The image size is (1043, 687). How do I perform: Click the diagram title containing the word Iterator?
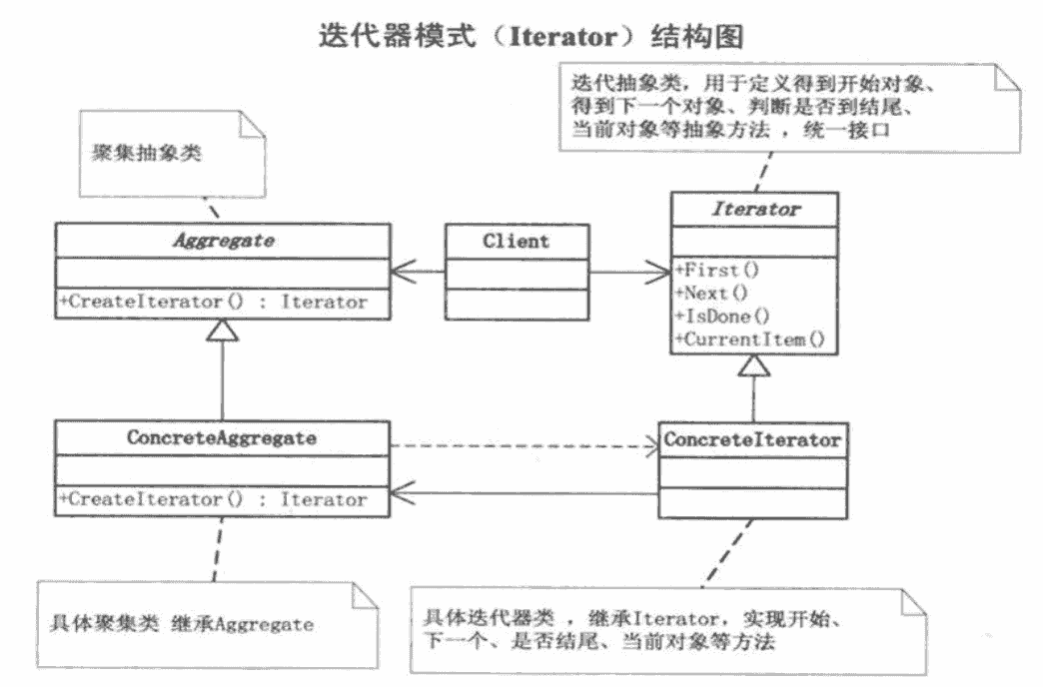[530, 36]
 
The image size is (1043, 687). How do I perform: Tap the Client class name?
[516, 242]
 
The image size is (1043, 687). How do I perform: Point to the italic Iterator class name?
[755, 211]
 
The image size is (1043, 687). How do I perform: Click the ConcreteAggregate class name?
[221, 437]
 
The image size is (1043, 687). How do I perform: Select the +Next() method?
[710, 294]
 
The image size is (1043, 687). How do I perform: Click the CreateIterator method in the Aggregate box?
[214, 302]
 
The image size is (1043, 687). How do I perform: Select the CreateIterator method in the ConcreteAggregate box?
[214, 498]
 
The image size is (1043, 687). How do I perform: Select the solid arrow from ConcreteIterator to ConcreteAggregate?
[522, 491]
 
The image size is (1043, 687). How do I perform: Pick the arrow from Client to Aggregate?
[418, 271]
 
